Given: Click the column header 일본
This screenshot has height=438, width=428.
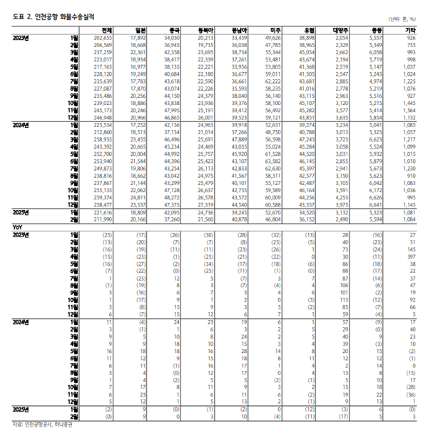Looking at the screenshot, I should [138, 29].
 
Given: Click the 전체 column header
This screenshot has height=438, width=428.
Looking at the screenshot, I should [106, 29].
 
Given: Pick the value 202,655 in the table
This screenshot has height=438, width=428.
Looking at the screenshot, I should [103, 36].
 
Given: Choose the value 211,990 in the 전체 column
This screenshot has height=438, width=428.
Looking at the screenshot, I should [103, 219].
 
